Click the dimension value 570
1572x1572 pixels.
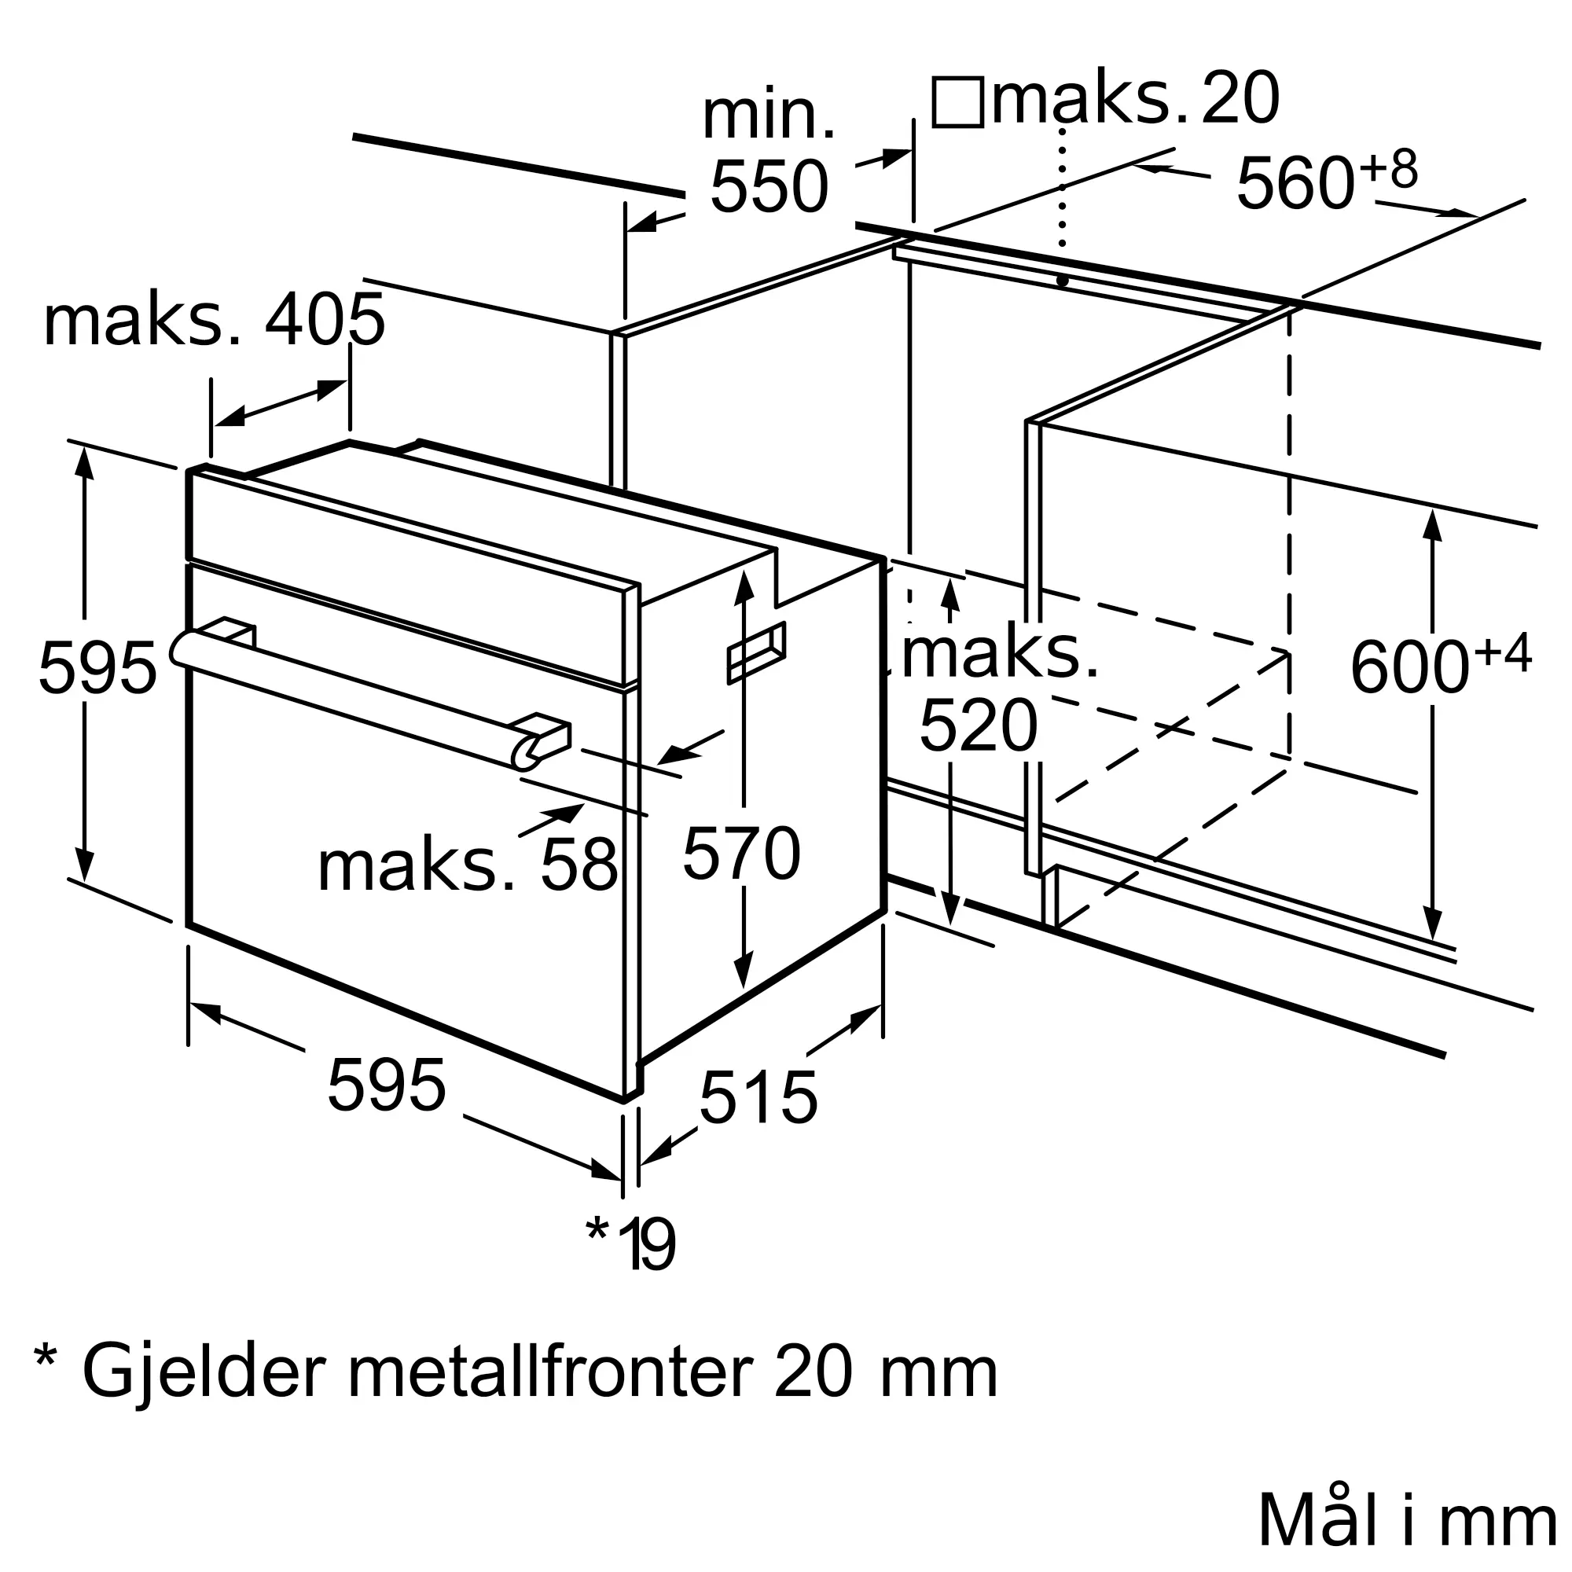(741, 854)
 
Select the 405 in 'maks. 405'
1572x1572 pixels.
(325, 321)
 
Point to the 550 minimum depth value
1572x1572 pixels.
(769, 186)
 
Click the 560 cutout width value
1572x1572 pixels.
(1295, 183)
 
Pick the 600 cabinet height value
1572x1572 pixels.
(1409, 667)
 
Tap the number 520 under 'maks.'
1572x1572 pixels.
(978, 725)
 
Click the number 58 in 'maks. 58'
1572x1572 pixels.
(578, 865)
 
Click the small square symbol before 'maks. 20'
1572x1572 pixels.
(957, 102)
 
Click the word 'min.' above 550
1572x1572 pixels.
(769, 117)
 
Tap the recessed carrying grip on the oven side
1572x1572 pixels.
(756, 652)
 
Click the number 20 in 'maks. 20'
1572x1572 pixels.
(1240, 98)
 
